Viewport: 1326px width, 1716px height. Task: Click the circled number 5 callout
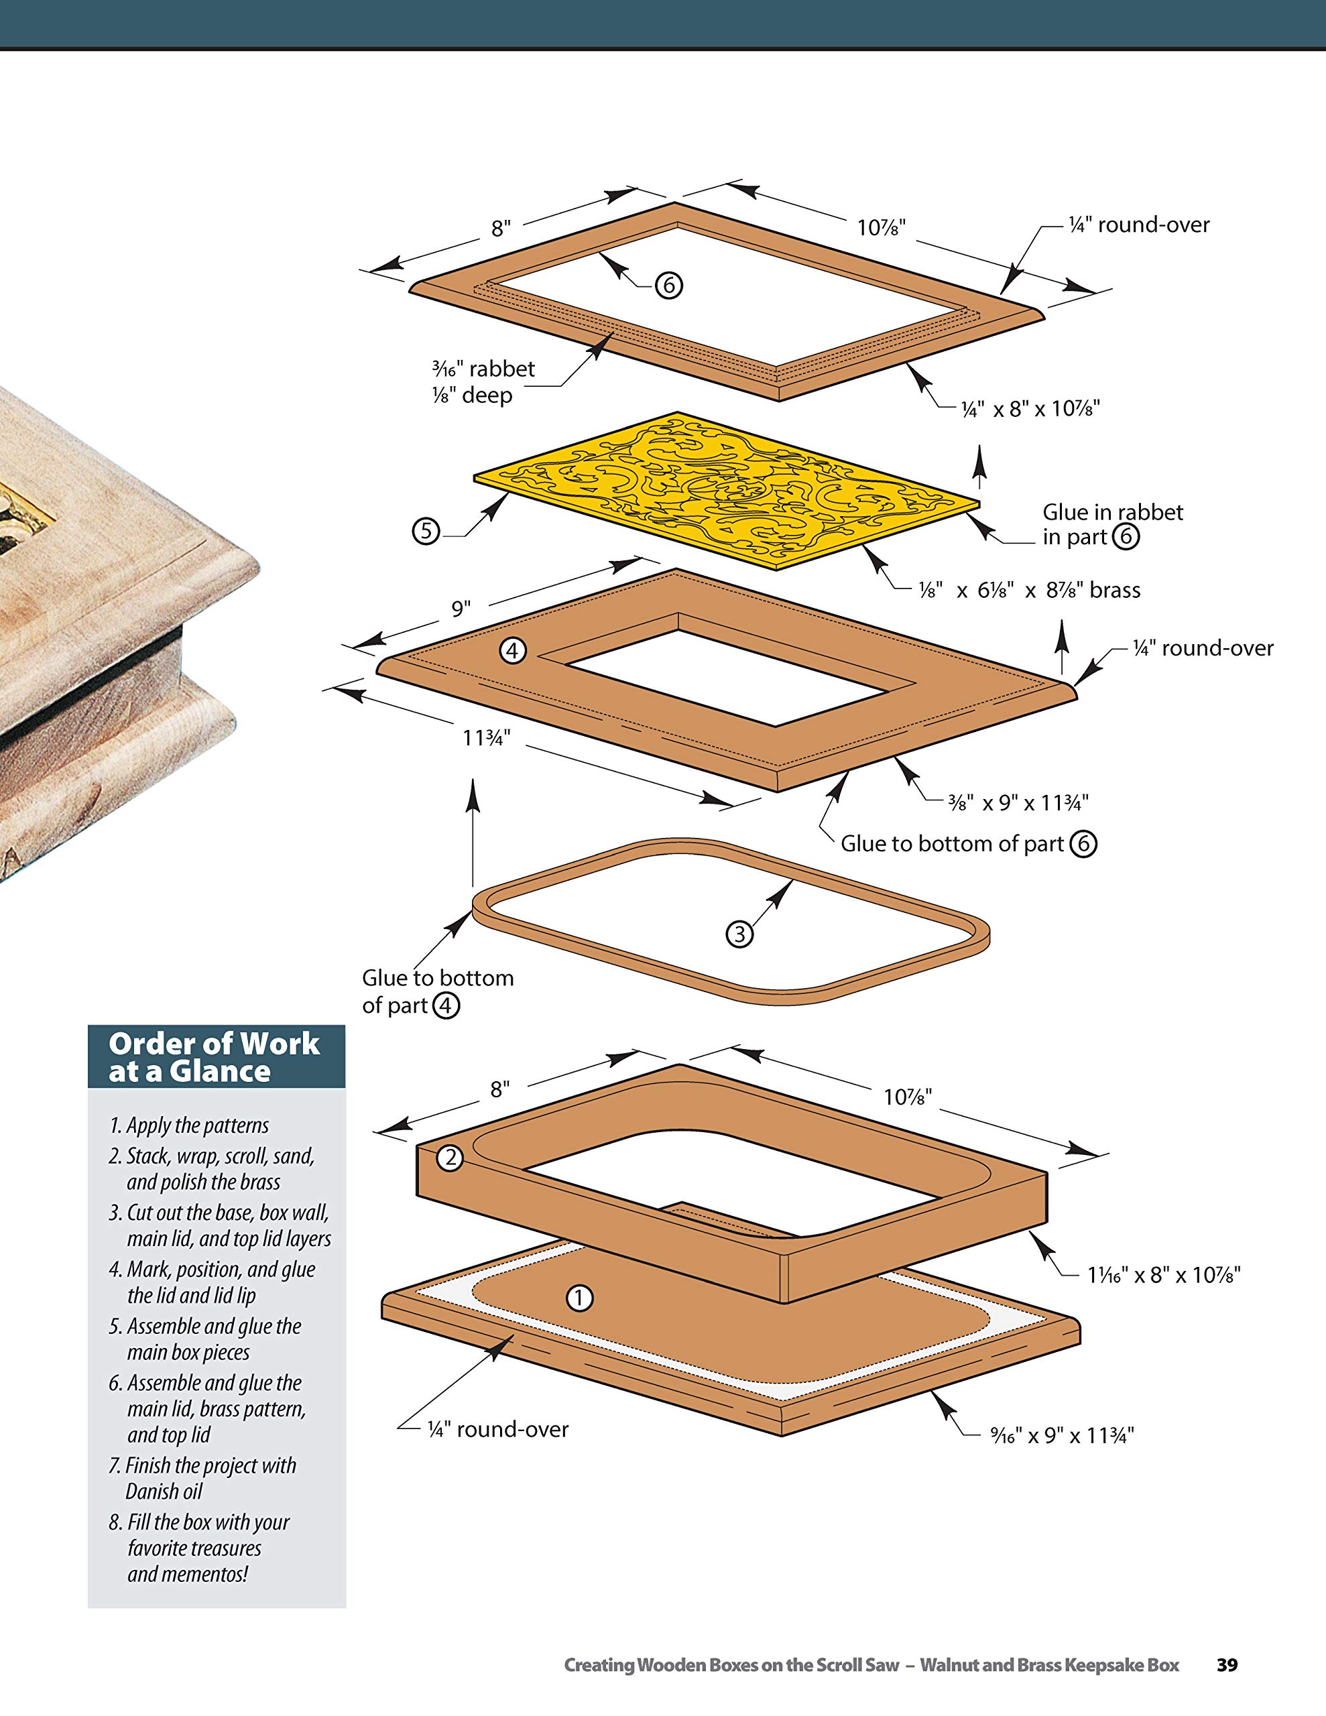pos(426,530)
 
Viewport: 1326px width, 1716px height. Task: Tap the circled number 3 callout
pos(739,934)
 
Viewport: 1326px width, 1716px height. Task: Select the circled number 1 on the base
pos(579,1298)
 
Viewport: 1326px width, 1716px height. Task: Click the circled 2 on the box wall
pos(450,1158)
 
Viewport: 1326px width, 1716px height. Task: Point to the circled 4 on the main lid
pos(512,651)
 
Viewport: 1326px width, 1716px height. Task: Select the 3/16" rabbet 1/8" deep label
pos(483,382)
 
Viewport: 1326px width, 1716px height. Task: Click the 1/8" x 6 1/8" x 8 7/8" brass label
pos(1029,590)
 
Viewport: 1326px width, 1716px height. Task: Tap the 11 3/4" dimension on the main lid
pos(486,738)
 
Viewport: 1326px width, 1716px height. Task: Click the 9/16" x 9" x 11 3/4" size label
pos(1062,1436)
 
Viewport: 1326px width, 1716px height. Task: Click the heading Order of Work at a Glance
pos(215,1057)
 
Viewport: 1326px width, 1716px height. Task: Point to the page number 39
pos(1227,1665)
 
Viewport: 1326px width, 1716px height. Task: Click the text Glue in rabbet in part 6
pos(1111,524)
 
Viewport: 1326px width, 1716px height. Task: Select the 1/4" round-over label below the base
pos(497,1429)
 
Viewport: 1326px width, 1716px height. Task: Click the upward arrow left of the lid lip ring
pos(473,833)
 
